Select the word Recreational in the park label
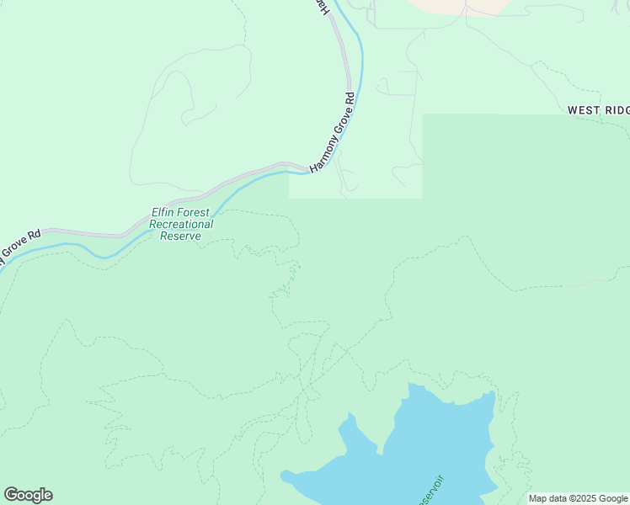point(181,225)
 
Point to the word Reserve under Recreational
point(181,237)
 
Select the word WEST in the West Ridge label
point(584,110)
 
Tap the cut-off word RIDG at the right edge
point(617,110)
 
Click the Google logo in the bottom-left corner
point(28,495)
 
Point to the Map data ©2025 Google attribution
point(579,498)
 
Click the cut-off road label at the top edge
point(321,7)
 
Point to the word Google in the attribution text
point(613,498)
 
